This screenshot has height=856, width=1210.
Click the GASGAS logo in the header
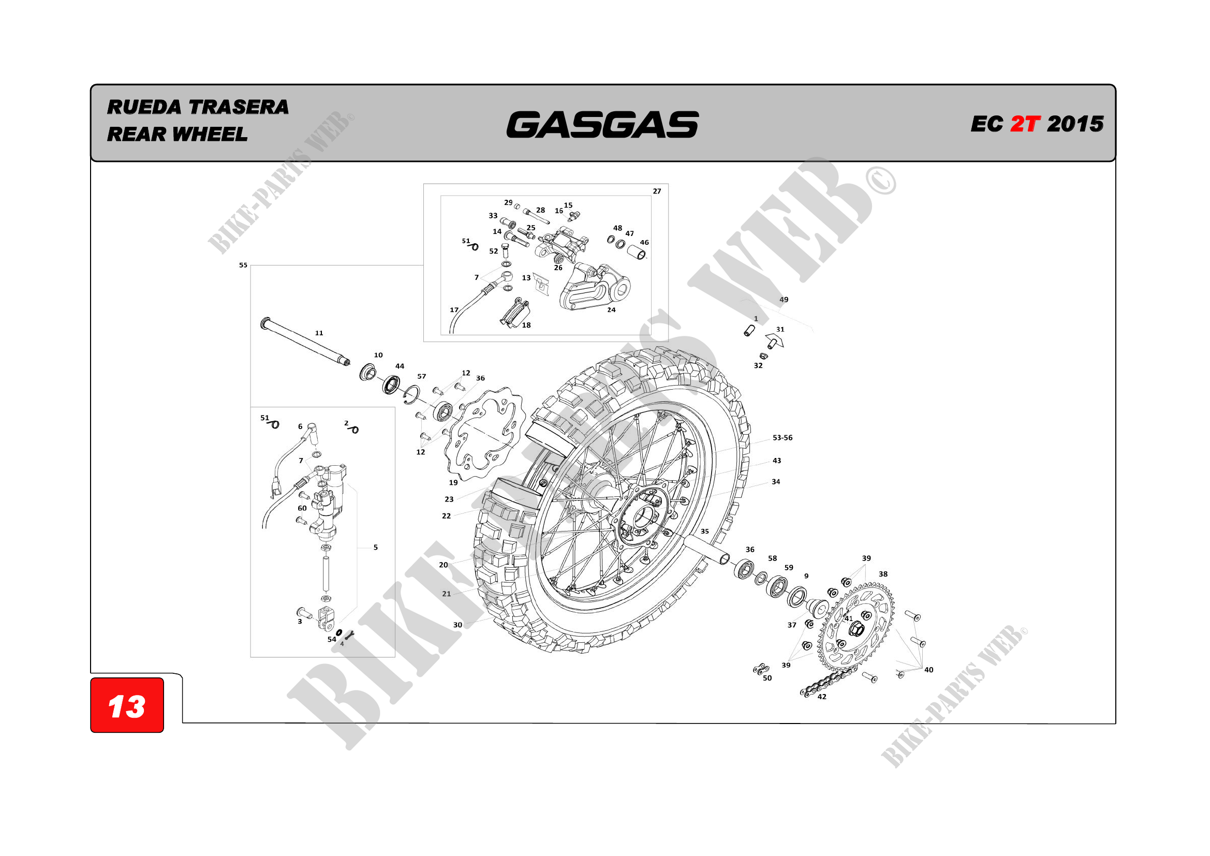(x=602, y=124)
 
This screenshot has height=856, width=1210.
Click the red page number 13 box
(x=127, y=705)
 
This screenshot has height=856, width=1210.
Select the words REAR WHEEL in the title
(x=177, y=135)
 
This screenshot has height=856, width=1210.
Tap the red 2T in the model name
(x=1025, y=124)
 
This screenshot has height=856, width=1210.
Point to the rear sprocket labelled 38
(x=855, y=625)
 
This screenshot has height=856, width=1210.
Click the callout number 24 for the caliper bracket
(x=611, y=310)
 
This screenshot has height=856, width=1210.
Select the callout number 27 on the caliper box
(x=657, y=191)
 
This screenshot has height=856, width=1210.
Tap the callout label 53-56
(x=783, y=437)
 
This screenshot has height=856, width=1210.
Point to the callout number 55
(x=243, y=265)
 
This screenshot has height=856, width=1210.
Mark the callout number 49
(x=784, y=299)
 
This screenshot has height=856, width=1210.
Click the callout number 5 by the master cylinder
(x=375, y=547)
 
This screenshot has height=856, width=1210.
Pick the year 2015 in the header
(x=1075, y=124)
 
